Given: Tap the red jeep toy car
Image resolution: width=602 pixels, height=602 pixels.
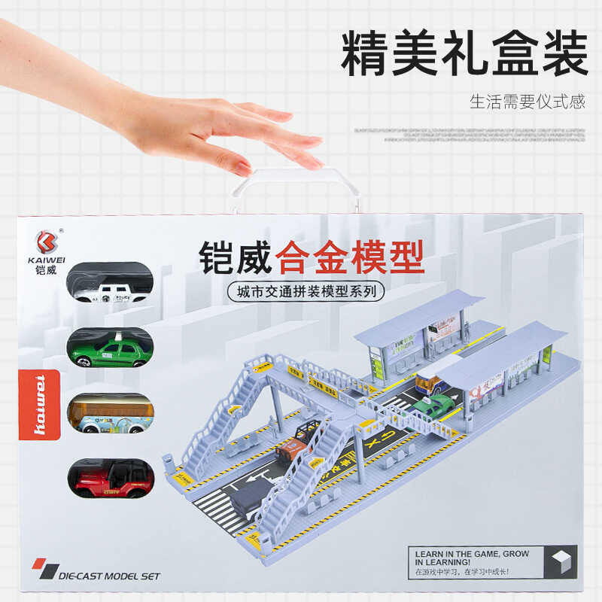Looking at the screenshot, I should (111, 478).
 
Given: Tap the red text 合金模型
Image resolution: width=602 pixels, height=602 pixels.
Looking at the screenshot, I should (350, 257).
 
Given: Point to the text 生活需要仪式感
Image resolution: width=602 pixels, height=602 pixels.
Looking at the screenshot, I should (527, 102).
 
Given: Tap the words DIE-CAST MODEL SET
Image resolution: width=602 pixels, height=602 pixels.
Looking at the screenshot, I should (109, 576).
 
